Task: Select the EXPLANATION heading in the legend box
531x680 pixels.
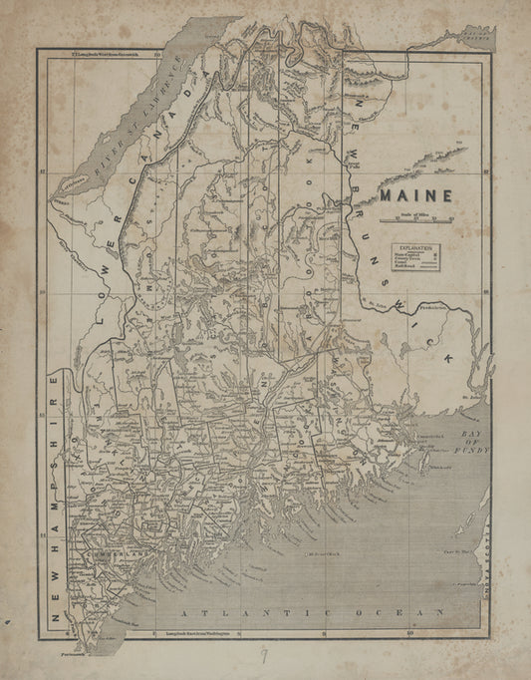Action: click(416, 245)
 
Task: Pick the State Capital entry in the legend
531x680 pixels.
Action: click(410, 254)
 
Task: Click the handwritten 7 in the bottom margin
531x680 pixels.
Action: click(263, 654)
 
